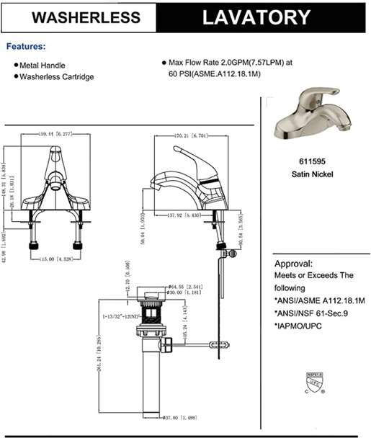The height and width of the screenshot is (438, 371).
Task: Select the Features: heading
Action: click(x=26, y=46)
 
